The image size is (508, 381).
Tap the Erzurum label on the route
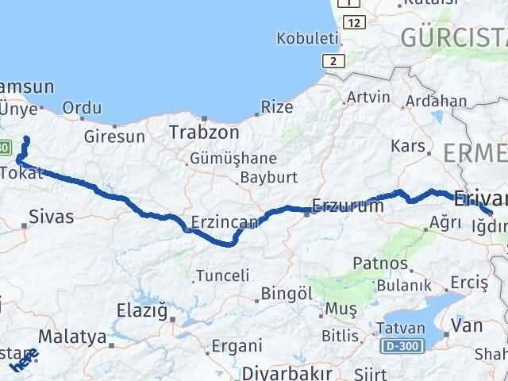click(x=348, y=206)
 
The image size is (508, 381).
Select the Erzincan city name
click(x=224, y=223)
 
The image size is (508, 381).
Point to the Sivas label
click(x=50, y=216)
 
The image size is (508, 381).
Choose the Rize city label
click(x=277, y=107)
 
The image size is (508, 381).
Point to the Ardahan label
click(x=436, y=101)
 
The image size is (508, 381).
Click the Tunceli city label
click(x=221, y=275)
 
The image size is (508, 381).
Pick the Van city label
click(x=466, y=325)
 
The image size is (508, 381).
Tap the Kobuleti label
click(x=307, y=38)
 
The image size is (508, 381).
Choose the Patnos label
click(x=382, y=264)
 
